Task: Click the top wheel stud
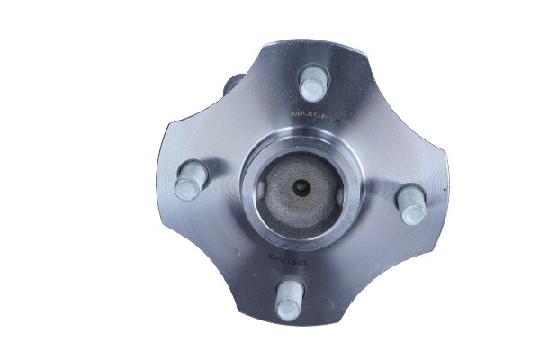point(312,83)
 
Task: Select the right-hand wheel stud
point(411,204)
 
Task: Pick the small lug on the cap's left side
point(261,189)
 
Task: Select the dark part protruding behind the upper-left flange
point(232,86)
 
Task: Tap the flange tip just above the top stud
point(315,45)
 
